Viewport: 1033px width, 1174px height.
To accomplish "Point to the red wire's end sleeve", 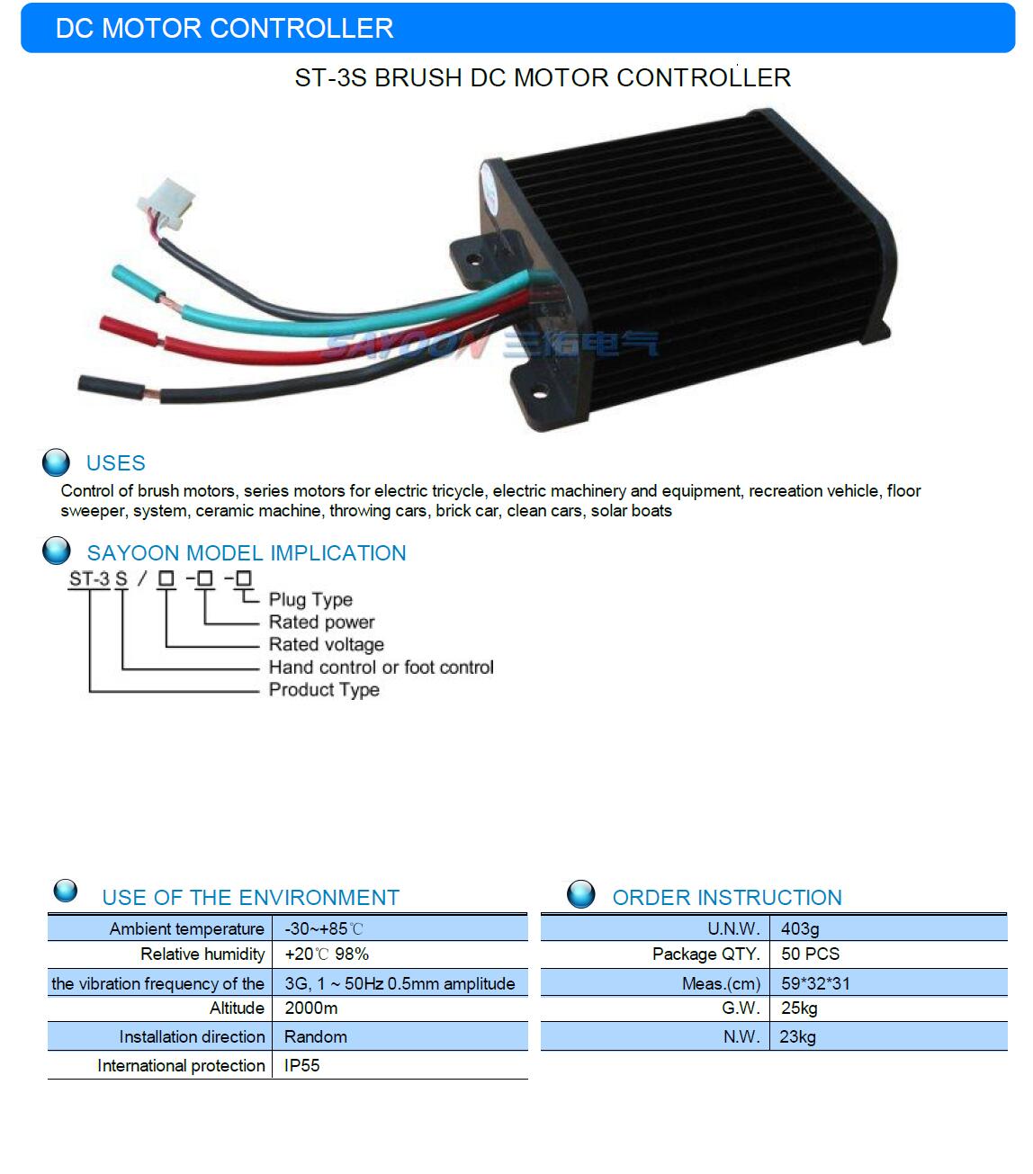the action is pyautogui.click(x=129, y=331).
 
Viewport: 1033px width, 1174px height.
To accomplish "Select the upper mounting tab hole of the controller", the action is pyautogui.click(x=473, y=258).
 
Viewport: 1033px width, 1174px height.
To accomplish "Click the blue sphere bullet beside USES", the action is pyautogui.click(x=56, y=462).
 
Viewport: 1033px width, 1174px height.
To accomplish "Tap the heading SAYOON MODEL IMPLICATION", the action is pyautogui.click(x=247, y=552).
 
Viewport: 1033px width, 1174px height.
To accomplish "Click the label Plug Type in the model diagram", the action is pyautogui.click(x=310, y=599).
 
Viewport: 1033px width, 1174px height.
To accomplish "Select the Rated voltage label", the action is pyautogui.click(x=327, y=644).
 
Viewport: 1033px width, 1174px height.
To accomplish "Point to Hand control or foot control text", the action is pyautogui.click(x=382, y=667).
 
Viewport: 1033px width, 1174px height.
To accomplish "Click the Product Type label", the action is pyautogui.click(x=324, y=690).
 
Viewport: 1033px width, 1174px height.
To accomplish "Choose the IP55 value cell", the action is pyautogui.click(x=301, y=1065).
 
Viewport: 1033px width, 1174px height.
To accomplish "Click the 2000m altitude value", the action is pyautogui.click(x=310, y=1008).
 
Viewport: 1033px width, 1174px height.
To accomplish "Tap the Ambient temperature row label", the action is pyautogui.click(x=186, y=929).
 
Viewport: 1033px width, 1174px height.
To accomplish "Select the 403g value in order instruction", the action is pyautogui.click(x=799, y=929).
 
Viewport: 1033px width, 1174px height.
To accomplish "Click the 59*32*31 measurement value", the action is pyautogui.click(x=815, y=983).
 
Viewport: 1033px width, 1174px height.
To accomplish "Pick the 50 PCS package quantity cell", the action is pyautogui.click(x=810, y=954).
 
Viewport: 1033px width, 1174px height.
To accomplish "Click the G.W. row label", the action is pyautogui.click(x=741, y=1008).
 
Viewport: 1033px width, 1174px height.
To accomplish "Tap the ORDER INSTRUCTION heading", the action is pyautogui.click(x=727, y=898).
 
